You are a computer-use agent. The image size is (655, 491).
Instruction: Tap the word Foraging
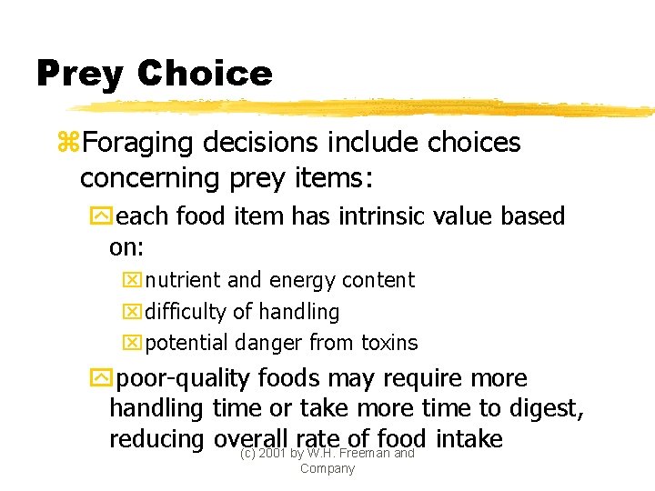pyautogui.click(x=137, y=144)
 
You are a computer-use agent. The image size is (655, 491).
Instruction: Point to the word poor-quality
pyautogui.click(x=186, y=379)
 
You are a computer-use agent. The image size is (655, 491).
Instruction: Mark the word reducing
pyautogui.click(x=156, y=441)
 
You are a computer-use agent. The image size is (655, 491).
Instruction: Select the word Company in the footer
pyautogui.click(x=327, y=468)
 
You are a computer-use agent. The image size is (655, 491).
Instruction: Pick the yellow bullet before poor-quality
pyautogui.click(x=99, y=378)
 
